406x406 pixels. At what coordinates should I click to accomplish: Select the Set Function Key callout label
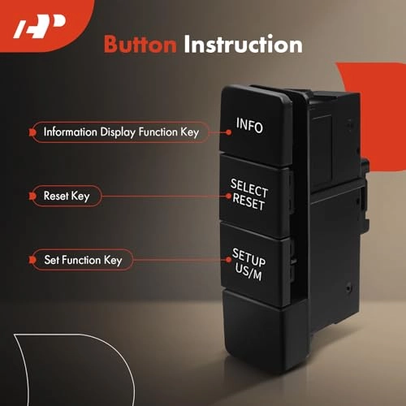pyautogui.click(x=83, y=261)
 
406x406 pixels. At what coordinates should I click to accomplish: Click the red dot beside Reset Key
pyautogui.click(x=32, y=196)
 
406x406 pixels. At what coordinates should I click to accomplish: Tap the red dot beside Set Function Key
pyautogui.click(x=32, y=261)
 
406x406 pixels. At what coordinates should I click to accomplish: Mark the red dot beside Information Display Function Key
pyautogui.click(x=32, y=131)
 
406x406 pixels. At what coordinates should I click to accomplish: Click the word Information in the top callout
pyautogui.click(x=69, y=131)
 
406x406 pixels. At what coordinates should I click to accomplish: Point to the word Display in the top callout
pyautogui.click(x=114, y=131)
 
